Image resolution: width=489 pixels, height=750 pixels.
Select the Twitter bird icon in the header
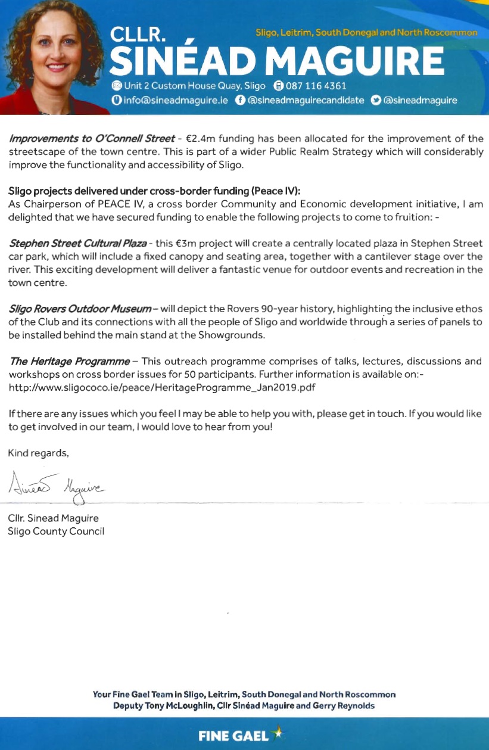coord(375,100)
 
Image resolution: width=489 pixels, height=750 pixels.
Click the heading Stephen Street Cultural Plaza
coord(77,244)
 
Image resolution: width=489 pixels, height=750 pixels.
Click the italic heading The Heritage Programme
coord(69,361)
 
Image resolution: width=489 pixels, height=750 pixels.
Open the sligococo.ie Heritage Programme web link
coord(161,387)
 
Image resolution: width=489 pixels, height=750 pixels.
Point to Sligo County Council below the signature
coord(56,531)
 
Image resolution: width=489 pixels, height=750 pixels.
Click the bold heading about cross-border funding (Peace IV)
coord(155,191)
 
